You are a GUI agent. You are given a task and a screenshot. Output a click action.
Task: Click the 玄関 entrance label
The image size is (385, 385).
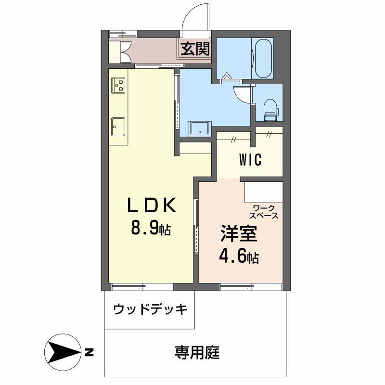click(x=195, y=49)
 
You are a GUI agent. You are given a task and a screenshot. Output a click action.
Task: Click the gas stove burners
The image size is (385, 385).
click(x=118, y=85)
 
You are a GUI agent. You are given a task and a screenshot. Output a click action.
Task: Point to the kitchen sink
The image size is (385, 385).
click(x=118, y=126)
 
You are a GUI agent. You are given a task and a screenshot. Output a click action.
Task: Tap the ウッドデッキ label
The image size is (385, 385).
click(x=150, y=309)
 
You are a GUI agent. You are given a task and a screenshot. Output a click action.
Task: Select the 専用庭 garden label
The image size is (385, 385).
click(x=197, y=353)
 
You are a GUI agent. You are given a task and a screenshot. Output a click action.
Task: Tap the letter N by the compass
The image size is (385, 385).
click(x=89, y=353)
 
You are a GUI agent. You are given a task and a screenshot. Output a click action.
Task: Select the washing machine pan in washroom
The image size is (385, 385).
click(x=198, y=128)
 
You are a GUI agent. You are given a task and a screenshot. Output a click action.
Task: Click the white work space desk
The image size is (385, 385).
click(x=263, y=192)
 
